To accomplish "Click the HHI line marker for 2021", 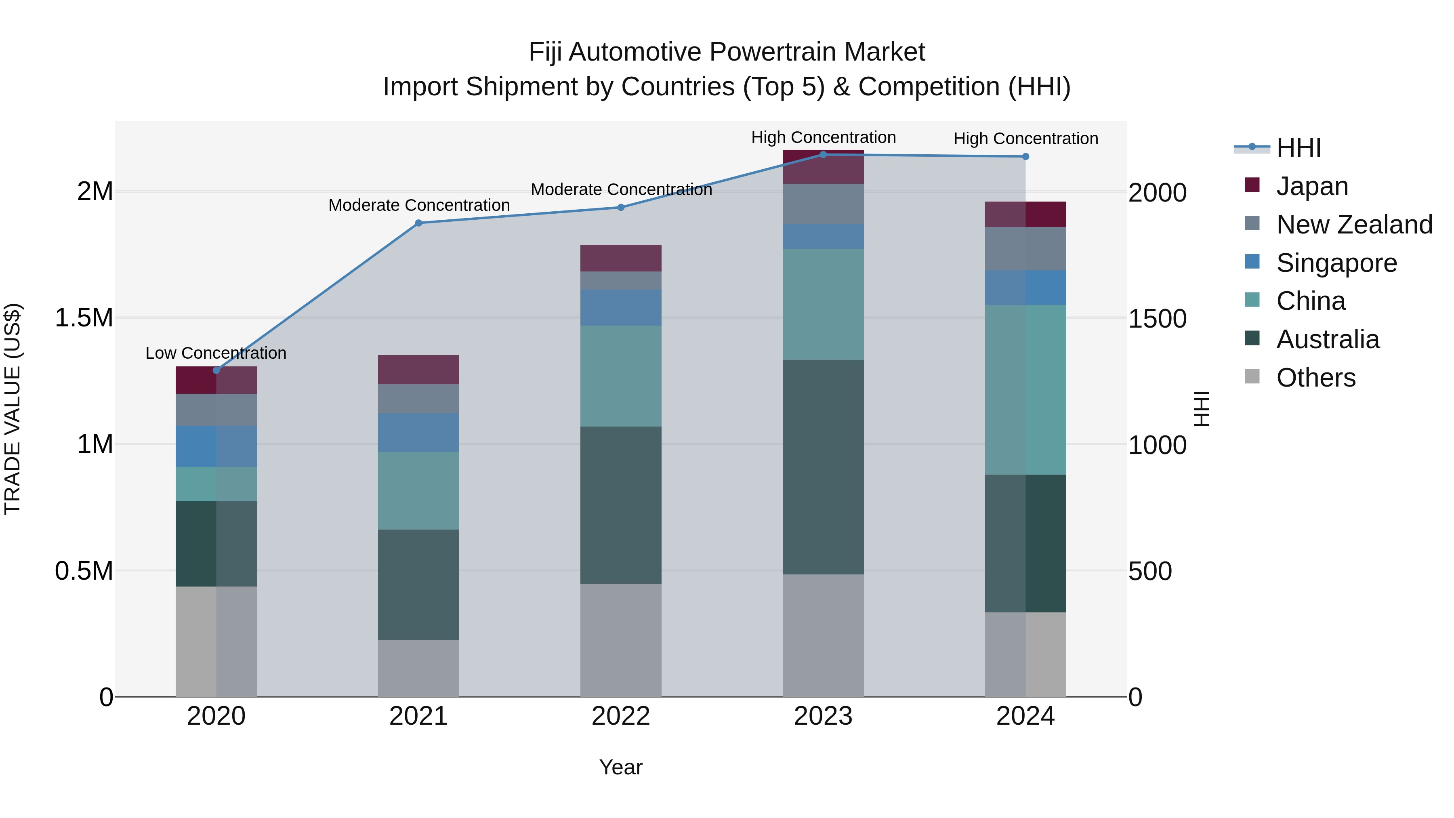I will point(418,223).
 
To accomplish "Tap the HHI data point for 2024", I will point(1025,156).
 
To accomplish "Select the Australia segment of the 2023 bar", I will point(823,467).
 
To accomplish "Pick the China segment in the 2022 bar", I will point(621,376).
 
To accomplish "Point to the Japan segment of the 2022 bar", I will point(621,258).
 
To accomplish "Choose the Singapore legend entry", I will point(1336,263).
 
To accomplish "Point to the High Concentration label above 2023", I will point(823,137).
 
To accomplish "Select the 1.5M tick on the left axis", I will point(84,318).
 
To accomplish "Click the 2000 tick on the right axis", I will point(1157,193).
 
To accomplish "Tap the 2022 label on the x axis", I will point(621,716).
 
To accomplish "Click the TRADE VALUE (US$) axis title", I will point(13,409).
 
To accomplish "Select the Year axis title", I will point(621,767).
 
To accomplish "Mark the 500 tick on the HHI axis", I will point(1150,571).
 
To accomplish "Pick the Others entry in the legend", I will point(1315,378).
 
